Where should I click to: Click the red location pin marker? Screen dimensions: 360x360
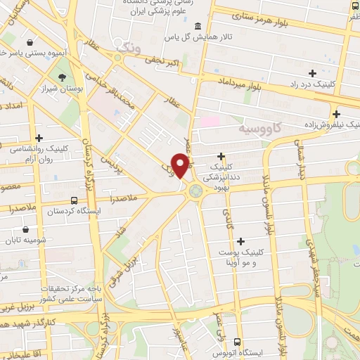point(181,165)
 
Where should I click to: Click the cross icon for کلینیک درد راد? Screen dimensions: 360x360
point(312,72)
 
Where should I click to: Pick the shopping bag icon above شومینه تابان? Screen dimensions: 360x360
point(26,229)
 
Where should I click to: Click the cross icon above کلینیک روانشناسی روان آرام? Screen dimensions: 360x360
point(39,138)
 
